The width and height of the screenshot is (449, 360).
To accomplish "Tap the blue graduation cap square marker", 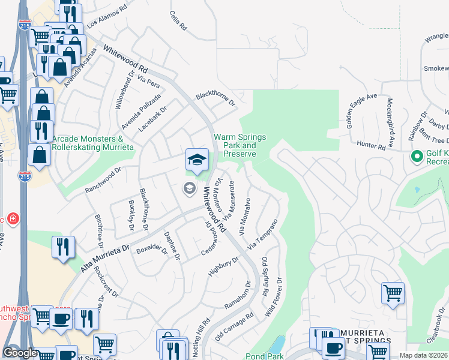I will [197, 160].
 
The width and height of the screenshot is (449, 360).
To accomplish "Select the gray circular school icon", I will [189, 189].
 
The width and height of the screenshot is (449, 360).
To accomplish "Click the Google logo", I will [20, 353].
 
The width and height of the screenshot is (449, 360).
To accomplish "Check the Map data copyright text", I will [423, 355].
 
